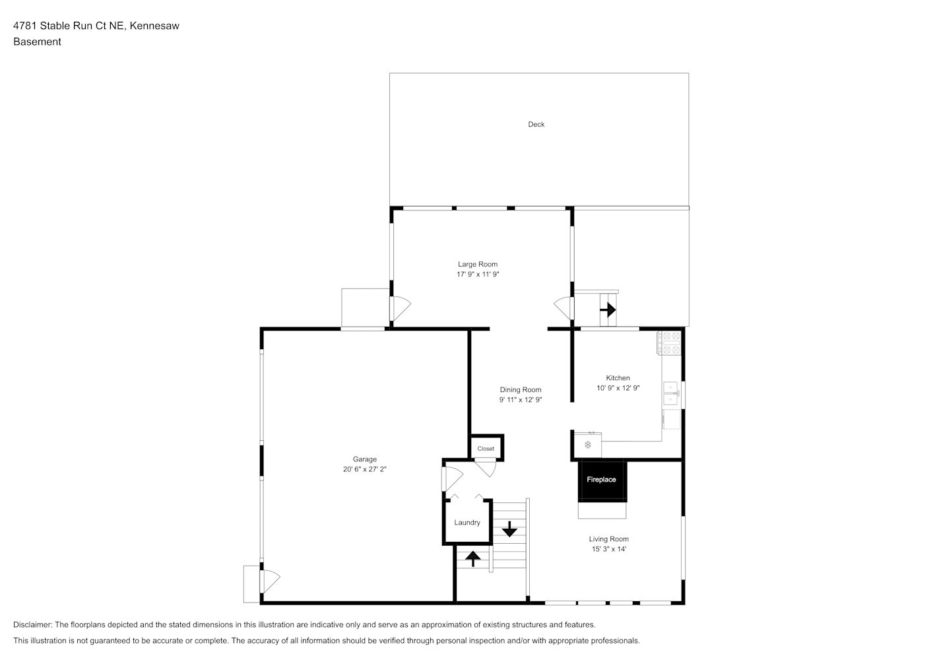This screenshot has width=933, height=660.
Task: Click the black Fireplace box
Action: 602,480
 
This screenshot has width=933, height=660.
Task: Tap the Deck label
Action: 536,124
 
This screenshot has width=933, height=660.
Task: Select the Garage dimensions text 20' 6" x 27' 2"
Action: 364,469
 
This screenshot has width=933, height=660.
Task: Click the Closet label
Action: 486,449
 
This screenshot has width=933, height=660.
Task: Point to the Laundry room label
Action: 467,523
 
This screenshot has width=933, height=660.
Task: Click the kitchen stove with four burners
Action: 669,343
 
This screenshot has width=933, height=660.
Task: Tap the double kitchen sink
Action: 670,393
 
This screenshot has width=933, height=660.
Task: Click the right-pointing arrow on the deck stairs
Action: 608,310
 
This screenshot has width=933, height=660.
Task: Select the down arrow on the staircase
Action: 509,529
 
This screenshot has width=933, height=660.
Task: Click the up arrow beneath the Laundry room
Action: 472,559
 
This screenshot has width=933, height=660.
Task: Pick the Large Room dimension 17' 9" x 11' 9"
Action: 478,274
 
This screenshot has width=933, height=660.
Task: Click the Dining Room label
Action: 521,389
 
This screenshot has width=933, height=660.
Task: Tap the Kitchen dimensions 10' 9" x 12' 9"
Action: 618,388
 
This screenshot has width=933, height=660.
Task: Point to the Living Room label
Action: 608,539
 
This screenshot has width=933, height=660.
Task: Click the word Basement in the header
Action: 37,42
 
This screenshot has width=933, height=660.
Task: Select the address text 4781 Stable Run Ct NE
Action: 69,26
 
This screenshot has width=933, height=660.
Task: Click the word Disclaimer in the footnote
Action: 32,624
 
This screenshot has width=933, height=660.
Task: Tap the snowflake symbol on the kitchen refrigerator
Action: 588,445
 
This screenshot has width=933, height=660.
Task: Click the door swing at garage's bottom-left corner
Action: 270,581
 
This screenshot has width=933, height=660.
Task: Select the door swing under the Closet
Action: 486,468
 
